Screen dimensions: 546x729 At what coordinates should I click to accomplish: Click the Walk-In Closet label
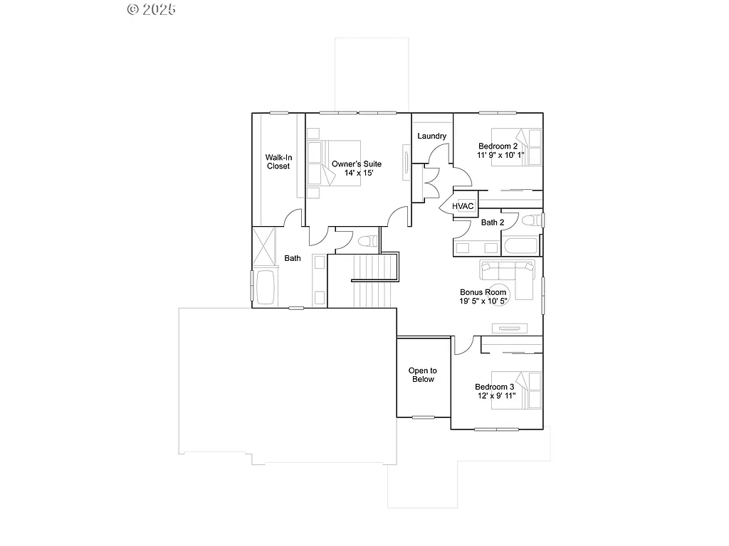pos(278,161)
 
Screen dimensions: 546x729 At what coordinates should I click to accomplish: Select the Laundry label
pos(431,136)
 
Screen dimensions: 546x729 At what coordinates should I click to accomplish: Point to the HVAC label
pos(463,206)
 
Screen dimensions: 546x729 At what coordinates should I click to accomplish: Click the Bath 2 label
pos(493,223)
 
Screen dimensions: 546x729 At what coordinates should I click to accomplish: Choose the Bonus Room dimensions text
pos(483,301)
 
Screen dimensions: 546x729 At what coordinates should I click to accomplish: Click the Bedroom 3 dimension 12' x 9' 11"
pos(494,397)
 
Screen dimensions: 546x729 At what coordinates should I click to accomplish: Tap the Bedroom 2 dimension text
pos(500,155)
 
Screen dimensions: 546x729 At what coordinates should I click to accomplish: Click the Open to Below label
pos(422,375)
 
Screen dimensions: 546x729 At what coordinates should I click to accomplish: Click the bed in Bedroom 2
pos(529,147)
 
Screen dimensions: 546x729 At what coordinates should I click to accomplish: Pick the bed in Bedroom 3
pos(529,390)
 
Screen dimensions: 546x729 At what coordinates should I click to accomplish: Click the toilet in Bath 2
pos(531,221)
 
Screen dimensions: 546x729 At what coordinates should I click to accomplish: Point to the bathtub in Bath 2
pos(520,247)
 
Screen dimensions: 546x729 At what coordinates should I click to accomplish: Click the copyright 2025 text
pos(151,9)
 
